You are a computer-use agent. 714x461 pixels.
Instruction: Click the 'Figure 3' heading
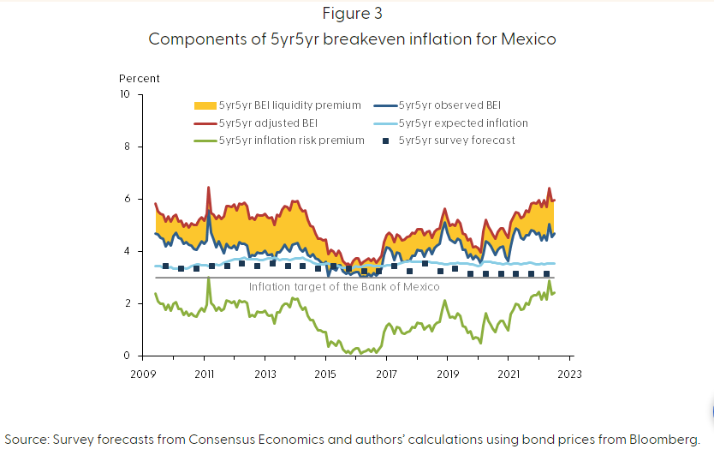358,14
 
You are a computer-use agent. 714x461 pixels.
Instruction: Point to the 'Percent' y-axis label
140,79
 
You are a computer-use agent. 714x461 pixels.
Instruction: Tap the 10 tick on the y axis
125,94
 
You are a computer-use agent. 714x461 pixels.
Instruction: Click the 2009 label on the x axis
143,374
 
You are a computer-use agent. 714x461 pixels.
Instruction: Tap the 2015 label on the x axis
325,374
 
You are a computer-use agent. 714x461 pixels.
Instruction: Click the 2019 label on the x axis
447,374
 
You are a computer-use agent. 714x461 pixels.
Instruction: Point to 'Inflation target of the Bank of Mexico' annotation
344,287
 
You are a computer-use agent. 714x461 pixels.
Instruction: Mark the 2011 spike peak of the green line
208,278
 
